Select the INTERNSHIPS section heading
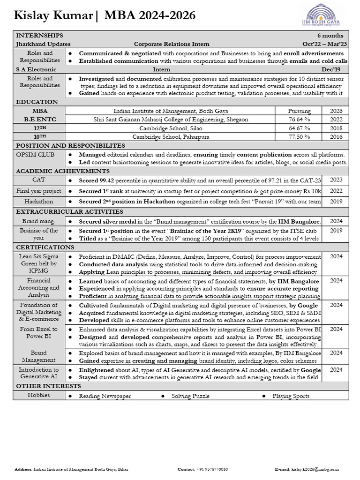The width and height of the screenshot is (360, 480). (x=39, y=36)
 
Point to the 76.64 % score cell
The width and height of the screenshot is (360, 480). (x=299, y=120)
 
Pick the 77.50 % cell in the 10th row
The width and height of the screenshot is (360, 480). (x=299, y=137)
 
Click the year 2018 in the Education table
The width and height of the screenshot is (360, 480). (x=336, y=128)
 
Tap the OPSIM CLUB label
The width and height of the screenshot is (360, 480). (x=35, y=154)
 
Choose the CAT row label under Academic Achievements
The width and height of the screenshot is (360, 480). (x=39, y=180)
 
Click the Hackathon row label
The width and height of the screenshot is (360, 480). (x=39, y=202)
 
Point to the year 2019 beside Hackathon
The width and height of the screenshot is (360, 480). (x=336, y=202)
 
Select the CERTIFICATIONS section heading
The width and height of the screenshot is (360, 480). (x=45, y=247)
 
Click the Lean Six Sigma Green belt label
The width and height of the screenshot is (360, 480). (x=39, y=263)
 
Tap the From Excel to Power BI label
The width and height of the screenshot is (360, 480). (x=39, y=333)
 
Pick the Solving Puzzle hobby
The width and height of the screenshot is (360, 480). (x=190, y=396)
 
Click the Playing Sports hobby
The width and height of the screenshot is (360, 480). (x=291, y=396)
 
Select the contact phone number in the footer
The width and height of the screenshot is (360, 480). (x=212, y=469)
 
